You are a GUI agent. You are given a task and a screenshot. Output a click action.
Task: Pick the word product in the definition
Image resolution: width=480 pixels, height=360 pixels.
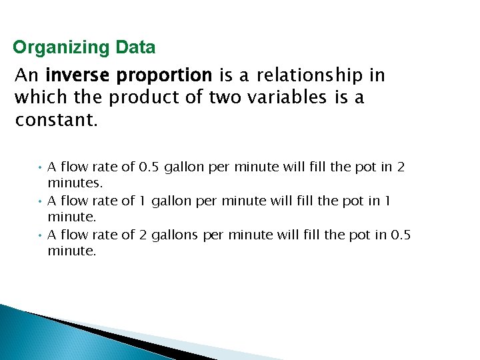click(141, 97)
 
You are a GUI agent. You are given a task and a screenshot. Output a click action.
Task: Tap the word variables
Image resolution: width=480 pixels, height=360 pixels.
click(294, 97)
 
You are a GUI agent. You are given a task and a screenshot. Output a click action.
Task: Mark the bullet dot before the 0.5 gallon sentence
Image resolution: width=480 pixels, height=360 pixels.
click(41, 167)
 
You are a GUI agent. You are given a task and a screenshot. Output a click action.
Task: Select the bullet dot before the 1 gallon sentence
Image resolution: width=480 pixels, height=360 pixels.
click(41, 201)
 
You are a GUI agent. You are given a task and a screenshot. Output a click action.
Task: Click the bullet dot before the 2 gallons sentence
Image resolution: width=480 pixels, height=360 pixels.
click(41, 235)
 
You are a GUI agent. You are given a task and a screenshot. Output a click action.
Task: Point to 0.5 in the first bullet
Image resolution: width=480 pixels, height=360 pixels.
click(149, 167)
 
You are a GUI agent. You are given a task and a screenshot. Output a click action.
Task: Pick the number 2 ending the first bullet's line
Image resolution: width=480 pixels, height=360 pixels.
click(401, 167)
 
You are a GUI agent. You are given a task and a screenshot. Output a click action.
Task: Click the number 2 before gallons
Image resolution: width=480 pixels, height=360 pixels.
click(143, 235)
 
